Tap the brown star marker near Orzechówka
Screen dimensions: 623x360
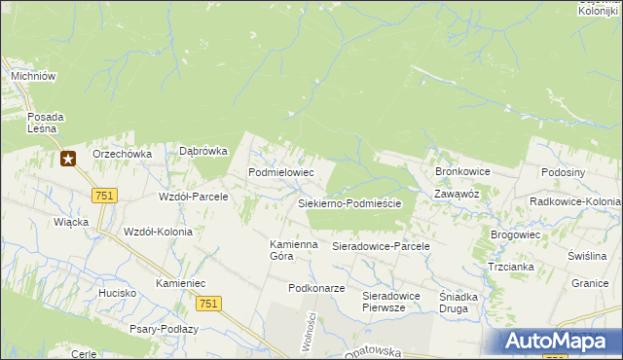[67, 159]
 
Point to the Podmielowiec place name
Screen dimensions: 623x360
[281, 171]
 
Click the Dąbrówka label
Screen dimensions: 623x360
[203, 151]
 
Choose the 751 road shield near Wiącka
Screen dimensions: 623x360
[104, 196]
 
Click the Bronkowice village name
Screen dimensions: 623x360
[462, 171]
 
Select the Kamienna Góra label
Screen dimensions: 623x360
[294, 250]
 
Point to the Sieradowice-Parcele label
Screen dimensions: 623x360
[381, 247]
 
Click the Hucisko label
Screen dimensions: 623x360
[116, 292]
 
